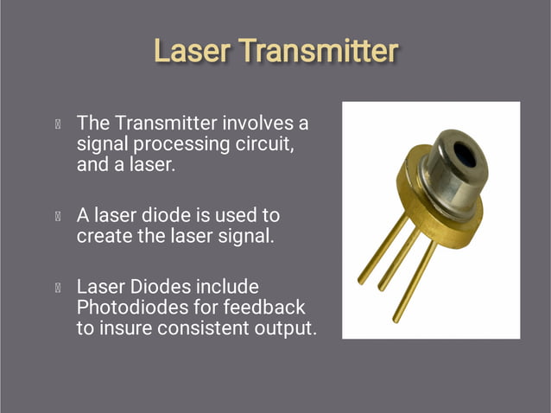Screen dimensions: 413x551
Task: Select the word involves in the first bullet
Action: point(259,124)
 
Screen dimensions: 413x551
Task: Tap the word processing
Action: point(180,144)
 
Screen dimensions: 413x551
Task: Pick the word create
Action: point(104,235)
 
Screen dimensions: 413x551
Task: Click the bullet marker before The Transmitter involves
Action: point(57,124)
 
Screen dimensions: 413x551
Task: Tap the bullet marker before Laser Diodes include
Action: point(57,287)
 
